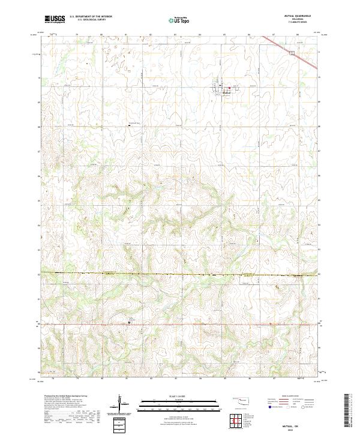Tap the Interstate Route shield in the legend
coord(269,407)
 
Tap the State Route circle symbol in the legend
coord(307,407)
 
